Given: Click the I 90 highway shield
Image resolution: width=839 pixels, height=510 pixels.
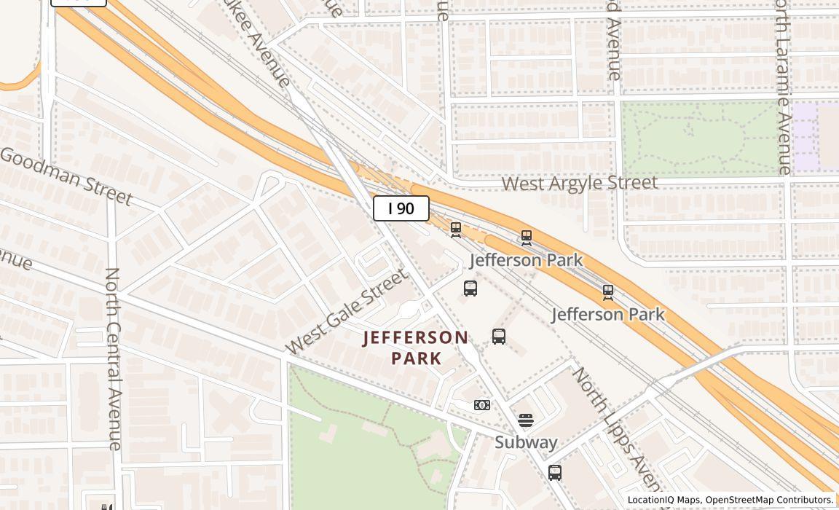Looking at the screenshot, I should pos(401,208).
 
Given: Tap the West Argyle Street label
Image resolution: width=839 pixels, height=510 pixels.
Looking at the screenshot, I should pos(579,183).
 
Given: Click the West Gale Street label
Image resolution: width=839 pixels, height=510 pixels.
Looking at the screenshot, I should pos(346,311).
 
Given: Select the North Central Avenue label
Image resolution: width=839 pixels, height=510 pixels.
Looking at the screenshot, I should pos(113,358).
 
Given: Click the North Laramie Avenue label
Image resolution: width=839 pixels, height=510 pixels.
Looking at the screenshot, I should pos(783,87).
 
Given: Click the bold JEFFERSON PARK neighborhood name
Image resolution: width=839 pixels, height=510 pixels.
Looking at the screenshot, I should pos(416,348).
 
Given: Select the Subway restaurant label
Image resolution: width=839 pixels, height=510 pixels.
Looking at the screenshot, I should pos(526,442).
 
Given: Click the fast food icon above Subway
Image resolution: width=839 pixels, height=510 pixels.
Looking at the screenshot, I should pos(526,420).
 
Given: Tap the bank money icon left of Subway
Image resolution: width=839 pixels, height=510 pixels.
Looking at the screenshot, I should pos(482,405).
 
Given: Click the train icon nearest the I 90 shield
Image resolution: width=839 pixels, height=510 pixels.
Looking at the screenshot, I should pos(456,230).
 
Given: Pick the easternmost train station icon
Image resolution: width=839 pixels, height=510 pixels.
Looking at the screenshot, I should pos(608,293).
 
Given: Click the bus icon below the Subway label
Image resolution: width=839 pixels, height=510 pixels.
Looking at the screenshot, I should pos(555,473).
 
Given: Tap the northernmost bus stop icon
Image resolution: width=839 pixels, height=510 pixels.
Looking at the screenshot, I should pos(470,289).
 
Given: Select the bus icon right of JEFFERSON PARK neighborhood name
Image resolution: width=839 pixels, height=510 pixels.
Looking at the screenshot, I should pos(499,337).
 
